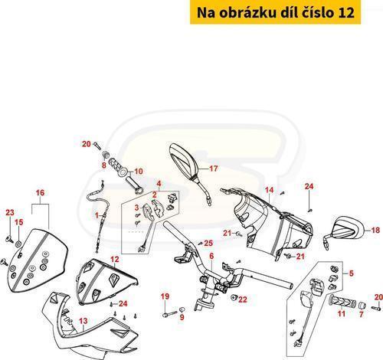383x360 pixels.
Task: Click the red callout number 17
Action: coord(214,169)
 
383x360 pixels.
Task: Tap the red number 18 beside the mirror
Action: coord(375,231)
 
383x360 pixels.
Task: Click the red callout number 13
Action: coord(83,321)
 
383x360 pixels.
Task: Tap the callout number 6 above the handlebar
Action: coord(211,257)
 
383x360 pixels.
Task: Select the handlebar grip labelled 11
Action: coord(342,300)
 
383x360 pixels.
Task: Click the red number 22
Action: coord(243,299)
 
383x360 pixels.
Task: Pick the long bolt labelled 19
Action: coord(170,314)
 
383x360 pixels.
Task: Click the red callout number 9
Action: coord(182,317)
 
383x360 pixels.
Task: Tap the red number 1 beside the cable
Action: coord(97,215)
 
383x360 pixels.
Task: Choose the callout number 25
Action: coord(208,243)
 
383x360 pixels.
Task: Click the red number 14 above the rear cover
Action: coord(269,190)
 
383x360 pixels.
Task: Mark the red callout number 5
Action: coord(352,273)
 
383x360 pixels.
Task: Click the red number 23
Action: coord(10,212)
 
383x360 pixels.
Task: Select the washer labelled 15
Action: coord(18,244)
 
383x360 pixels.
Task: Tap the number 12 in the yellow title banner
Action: coord(346,13)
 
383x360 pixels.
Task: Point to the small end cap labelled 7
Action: coord(362,305)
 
